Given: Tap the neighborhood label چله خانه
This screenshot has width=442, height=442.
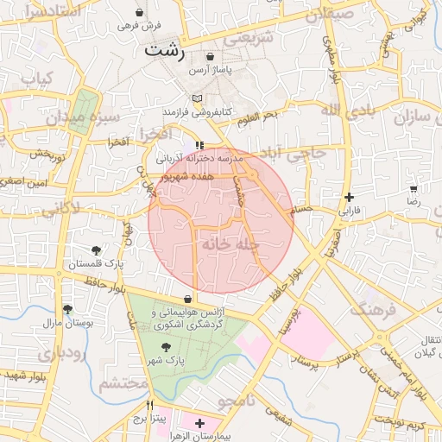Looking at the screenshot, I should (x=230, y=244).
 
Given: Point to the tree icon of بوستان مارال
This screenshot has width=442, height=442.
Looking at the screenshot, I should (x=68, y=308).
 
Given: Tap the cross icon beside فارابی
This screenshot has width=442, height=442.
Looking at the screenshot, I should (x=348, y=197).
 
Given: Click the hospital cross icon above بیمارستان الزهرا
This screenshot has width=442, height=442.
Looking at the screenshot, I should (x=200, y=423).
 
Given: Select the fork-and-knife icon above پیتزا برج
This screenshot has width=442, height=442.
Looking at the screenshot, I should (x=149, y=405).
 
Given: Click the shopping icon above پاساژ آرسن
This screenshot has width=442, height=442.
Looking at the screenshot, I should (x=210, y=56).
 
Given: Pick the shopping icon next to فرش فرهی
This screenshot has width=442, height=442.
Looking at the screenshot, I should (x=140, y=15).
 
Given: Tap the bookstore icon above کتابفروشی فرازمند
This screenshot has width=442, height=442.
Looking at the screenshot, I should (x=197, y=98).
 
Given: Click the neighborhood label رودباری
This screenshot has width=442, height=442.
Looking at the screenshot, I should (x=60, y=355).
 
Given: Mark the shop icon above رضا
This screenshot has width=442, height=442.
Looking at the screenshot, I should (x=413, y=189).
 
